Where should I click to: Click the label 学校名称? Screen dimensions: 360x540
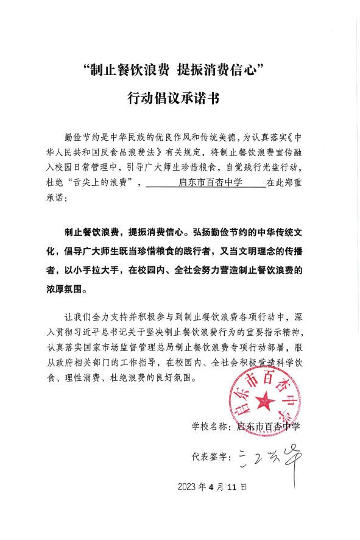[x=211, y=426]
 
